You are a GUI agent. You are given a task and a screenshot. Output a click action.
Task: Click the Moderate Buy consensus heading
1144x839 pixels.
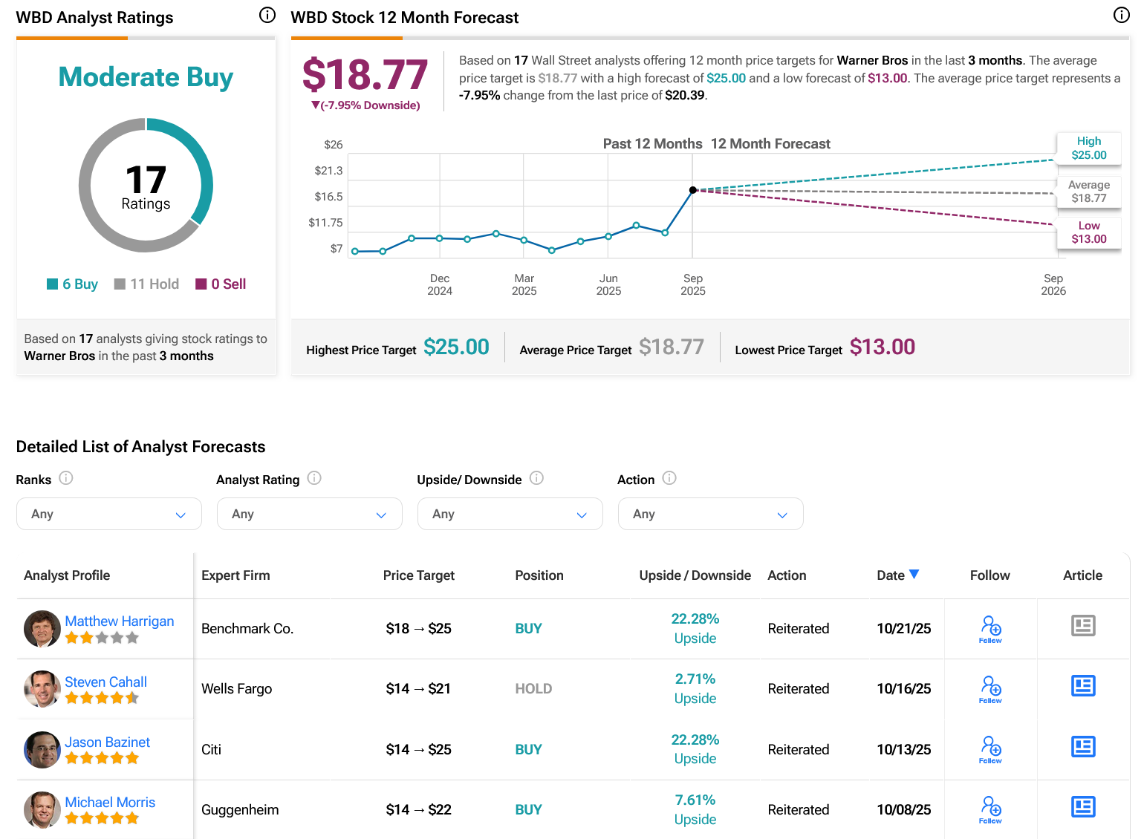(146, 77)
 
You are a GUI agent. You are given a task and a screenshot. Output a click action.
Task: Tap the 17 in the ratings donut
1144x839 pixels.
(146, 180)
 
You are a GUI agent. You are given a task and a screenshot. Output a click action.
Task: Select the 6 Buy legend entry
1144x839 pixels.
(73, 284)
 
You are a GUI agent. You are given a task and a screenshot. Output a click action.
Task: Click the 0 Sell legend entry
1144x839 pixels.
(221, 284)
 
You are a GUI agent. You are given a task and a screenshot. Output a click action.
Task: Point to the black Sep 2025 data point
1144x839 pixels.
(693, 190)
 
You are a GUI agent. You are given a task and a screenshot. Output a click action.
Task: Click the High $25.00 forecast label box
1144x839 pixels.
(1088, 148)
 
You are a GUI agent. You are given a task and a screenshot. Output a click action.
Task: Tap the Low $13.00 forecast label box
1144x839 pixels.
(1088, 232)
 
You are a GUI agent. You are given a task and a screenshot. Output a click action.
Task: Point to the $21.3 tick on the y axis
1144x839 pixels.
(328, 171)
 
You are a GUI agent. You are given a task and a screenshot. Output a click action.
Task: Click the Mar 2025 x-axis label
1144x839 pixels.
(524, 284)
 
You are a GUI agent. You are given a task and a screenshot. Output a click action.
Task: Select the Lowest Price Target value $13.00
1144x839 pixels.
(882, 347)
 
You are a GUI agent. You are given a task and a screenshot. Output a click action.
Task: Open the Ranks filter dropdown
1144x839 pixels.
(109, 514)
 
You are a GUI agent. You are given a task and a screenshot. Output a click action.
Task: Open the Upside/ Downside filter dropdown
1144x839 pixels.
(510, 514)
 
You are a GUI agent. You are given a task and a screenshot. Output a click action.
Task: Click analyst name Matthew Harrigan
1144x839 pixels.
(120, 621)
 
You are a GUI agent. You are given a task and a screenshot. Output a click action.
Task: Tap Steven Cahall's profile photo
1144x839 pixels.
(42, 689)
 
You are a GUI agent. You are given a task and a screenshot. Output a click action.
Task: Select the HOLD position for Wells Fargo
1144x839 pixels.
(533, 689)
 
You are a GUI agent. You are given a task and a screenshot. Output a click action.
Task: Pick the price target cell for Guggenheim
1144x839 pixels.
(418, 810)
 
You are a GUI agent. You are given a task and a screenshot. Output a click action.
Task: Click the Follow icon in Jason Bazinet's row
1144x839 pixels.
(990, 748)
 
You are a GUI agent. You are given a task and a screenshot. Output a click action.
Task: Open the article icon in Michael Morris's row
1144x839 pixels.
(1083, 807)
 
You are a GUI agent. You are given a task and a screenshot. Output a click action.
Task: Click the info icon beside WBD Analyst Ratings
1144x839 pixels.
(267, 16)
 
